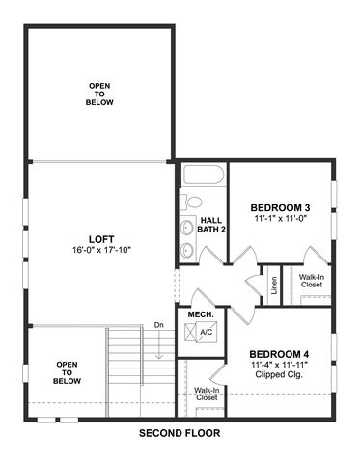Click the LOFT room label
coord(101,239)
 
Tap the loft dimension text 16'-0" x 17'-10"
coord(101,250)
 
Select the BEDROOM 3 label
coord(280,207)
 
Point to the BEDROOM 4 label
coord(279,354)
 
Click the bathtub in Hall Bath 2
coord(204,175)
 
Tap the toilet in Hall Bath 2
coord(191,202)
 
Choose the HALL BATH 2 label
coord(211,225)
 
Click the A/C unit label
coord(207,332)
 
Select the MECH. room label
coord(201,314)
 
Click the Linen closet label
coord(274,286)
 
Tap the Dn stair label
coord(159,325)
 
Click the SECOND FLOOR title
coord(180,433)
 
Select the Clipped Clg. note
coord(279,374)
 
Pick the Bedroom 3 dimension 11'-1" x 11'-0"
coord(280,218)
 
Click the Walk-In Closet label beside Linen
coord(312,281)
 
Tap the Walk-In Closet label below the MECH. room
coord(207,394)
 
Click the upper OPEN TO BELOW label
coord(99,95)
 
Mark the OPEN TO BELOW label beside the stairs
coord(67,372)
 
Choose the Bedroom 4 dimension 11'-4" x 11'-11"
coord(280,365)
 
